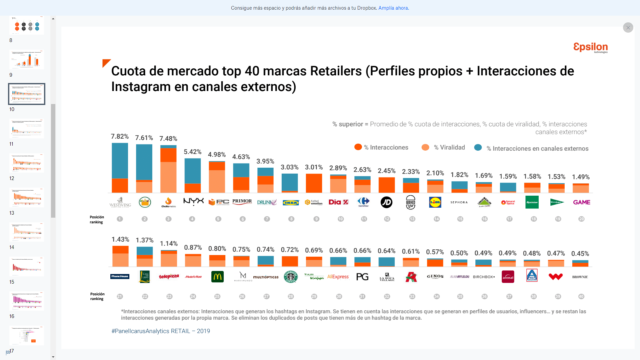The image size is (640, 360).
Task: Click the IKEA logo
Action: pyautogui.click(x=291, y=202)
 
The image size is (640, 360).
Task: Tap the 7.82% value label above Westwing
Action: pyautogui.click(x=120, y=136)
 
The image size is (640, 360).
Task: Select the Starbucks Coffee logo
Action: pyautogui.click(x=290, y=277)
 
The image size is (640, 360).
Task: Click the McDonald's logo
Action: pyautogui.click(x=217, y=277)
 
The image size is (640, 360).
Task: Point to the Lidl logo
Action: pyautogui.click(x=435, y=202)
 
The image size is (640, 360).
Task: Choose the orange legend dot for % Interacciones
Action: pyautogui.click(x=358, y=147)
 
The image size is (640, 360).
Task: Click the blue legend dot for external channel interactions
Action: pyautogui.click(x=478, y=147)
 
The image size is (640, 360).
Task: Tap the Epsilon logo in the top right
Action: pyautogui.click(x=591, y=47)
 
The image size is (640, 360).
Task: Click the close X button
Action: pyautogui.click(x=628, y=28)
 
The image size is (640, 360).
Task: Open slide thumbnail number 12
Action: pyautogui.click(x=27, y=163)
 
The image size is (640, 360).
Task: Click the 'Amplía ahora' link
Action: pyautogui.click(x=393, y=8)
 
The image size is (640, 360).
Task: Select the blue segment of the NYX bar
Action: pyautogui.click(x=193, y=171)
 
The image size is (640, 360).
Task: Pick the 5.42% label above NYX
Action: pyautogui.click(x=193, y=152)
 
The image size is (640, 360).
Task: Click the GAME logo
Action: pyautogui.click(x=582, y=202)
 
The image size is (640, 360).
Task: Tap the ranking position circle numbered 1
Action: pyautogui.click(x=120, y=219)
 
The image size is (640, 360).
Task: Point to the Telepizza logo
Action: pyautogui.click(x=169, y=277)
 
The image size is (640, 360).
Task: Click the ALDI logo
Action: pyautogui.click(x=532, y=276)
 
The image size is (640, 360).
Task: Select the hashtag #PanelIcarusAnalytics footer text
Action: pyautogui.click(x=161, y=331)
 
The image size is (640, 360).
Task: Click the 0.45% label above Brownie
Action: pyautogui.click(x=580, y=254)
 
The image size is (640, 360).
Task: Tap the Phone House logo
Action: pyautogui.click(x=120, y=276)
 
